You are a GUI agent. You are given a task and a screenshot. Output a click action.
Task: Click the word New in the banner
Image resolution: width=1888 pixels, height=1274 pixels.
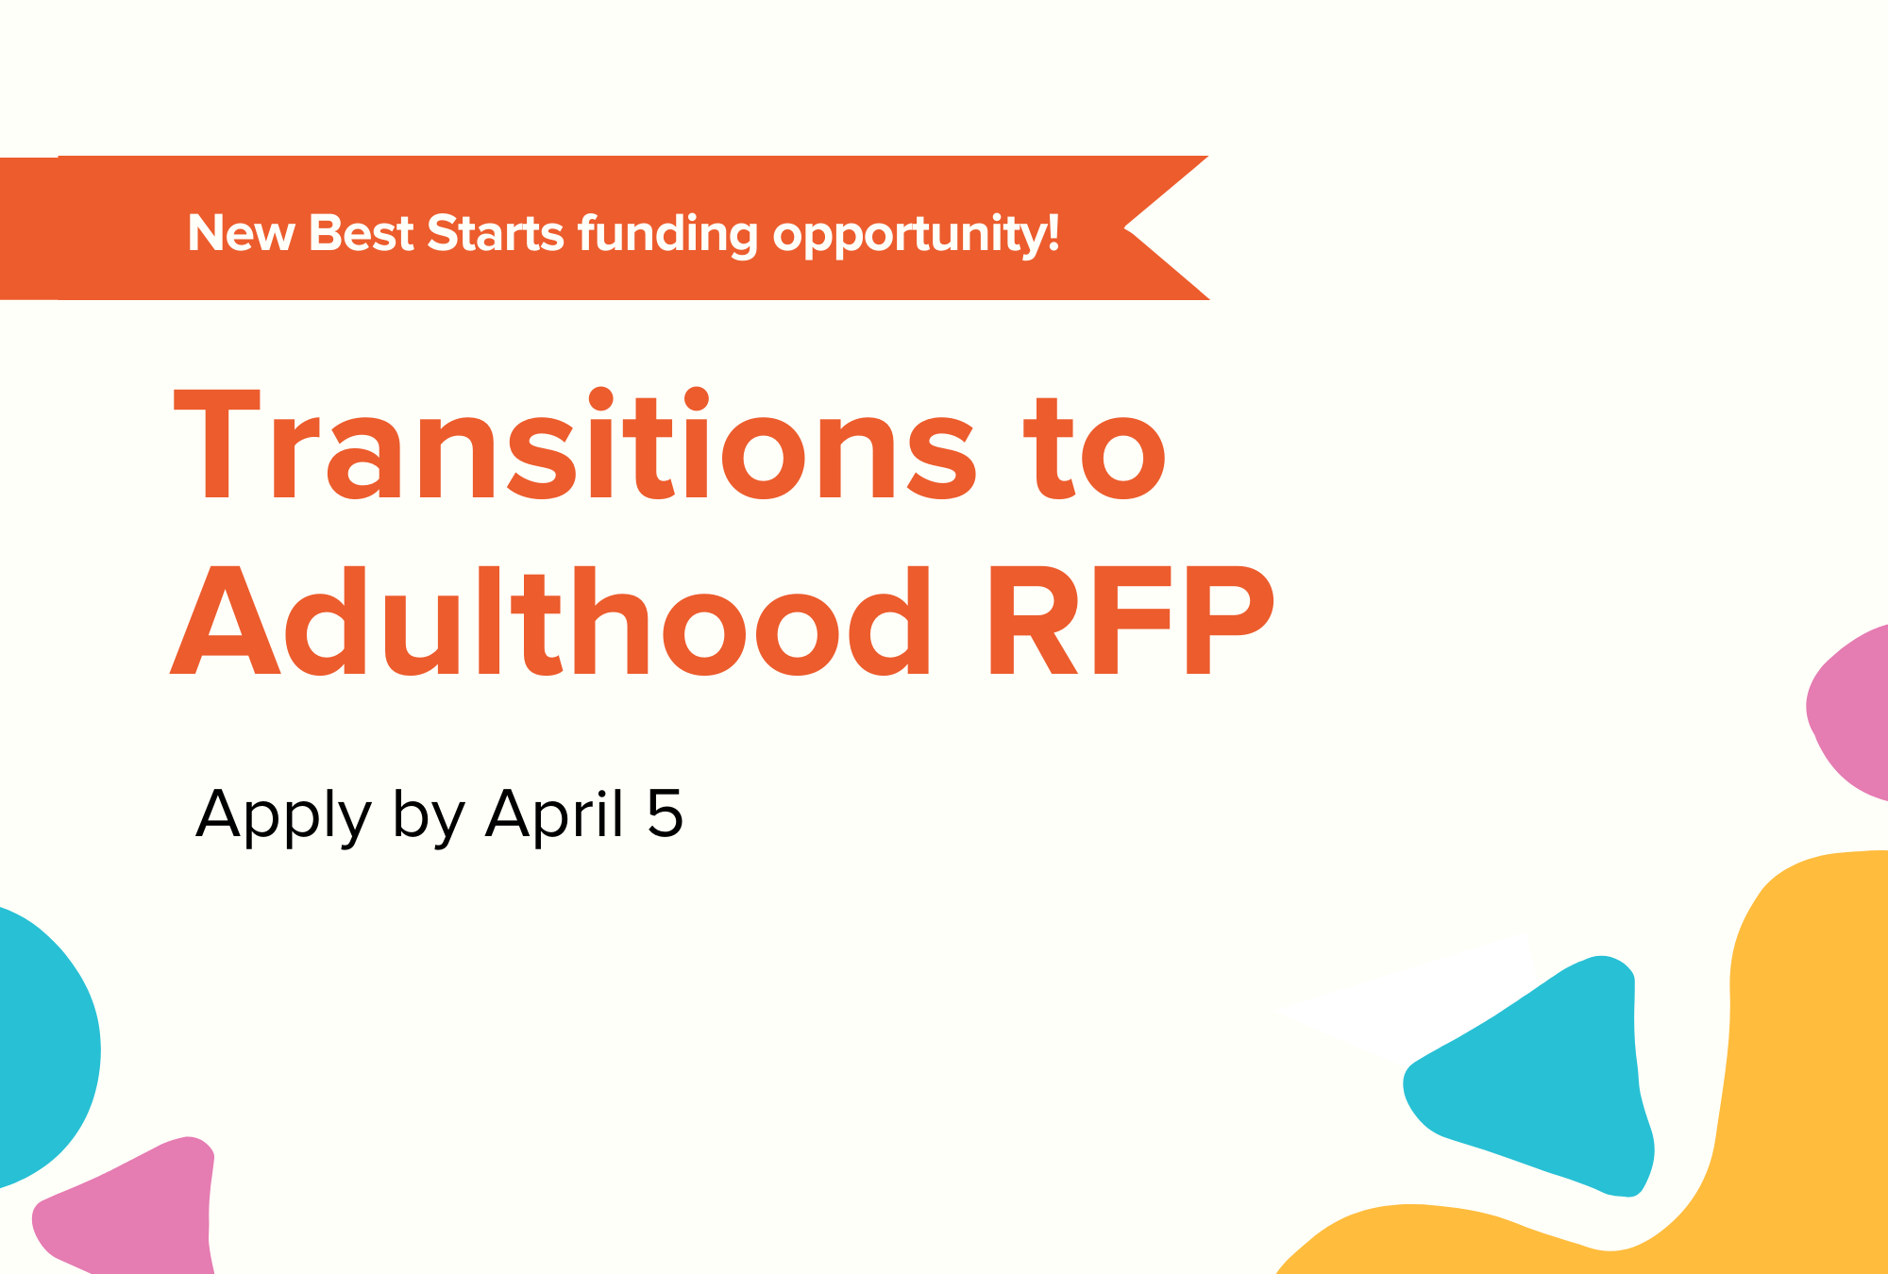tap(241, 233)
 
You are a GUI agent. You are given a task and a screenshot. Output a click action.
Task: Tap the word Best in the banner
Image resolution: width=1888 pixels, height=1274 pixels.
tap(361, 233)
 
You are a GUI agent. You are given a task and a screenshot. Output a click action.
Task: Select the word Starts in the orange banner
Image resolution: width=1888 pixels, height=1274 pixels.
tap(496, 233)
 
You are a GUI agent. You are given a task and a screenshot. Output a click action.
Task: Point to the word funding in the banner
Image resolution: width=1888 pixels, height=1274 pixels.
tap(667, 235)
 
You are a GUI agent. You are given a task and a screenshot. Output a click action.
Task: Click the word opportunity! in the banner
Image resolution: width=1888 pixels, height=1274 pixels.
tap(916, 235)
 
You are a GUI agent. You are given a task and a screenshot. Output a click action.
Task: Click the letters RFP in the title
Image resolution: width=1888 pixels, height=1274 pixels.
tap(1130, 621)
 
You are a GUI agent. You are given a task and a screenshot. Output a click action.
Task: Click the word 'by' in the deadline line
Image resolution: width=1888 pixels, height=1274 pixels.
tap(429, 815)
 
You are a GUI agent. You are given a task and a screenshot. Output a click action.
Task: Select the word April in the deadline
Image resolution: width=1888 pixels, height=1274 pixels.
tap(554, 813)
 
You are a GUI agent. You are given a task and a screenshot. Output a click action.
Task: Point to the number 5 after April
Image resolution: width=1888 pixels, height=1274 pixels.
tap(665, 813)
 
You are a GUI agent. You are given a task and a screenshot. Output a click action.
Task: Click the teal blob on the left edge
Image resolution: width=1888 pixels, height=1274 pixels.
tap(42, 1048)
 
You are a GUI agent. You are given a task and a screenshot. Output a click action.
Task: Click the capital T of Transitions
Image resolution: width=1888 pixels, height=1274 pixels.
tap(217, 445)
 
